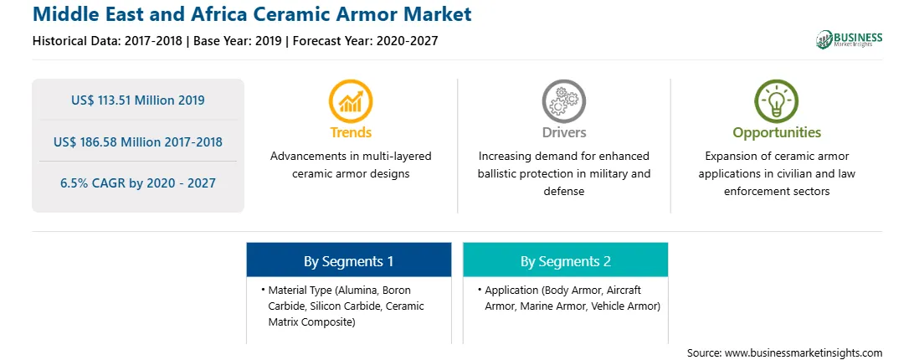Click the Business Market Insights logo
[x=849, y=39]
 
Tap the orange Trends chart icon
[x=351, y=101]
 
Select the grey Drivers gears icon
[x=563, y=101]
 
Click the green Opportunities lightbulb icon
[x=777, y=101]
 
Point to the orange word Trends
[x=351, y=132]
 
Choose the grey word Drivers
[x=564, y=132]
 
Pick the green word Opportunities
[x=777, y=133]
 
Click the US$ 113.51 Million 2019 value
[x=138, y=100]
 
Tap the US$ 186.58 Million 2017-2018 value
[x=138, y=141]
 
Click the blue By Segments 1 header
[x=348, y=260]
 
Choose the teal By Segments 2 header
[x=566, y=260]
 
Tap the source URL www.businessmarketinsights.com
[x=796, y=353]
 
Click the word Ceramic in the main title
[x=283, y=13]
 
